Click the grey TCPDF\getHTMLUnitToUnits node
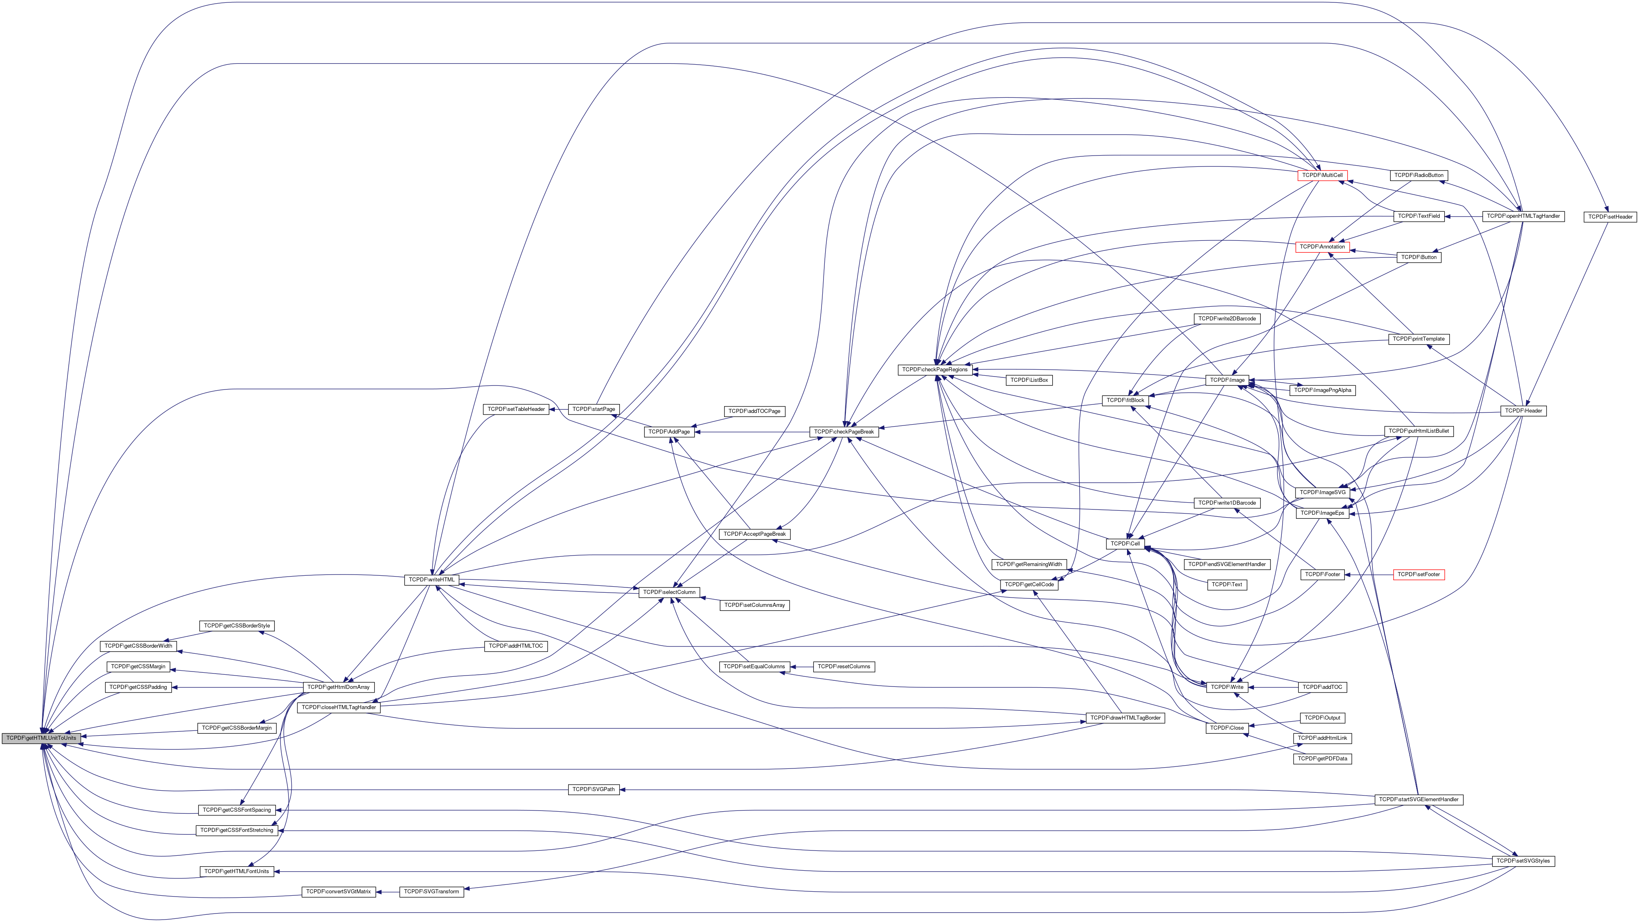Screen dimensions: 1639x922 click(x=41, y=738)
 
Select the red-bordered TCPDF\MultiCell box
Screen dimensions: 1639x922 click(x=1322, y=175)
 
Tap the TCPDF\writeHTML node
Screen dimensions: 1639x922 click(x=432, y=580)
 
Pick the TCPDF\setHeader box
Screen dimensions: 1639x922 click(x=1610, y=217)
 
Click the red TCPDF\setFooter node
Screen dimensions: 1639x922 click(x=1418, y=575)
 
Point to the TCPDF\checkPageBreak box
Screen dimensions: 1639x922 click(x=844, y=432)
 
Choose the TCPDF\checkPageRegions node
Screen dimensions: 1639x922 click(x=935, y=370)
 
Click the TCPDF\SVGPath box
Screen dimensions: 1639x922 click(x=593, y=789)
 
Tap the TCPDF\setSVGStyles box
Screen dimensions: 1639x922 click(x=1523, y=861)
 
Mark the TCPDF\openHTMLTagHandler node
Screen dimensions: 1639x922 click(x=1523, y=216)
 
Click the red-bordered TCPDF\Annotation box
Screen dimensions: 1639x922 click(x=1322, y=247)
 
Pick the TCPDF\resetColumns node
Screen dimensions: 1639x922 click(x=844, y=667)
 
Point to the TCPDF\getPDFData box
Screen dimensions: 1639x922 click(x=1323, y=759)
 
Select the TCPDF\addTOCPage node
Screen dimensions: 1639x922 click(x=754, y=412)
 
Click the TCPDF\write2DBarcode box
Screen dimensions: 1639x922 click(x=1227, y=319)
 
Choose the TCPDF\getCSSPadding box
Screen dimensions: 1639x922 click(x=138, y=687)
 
